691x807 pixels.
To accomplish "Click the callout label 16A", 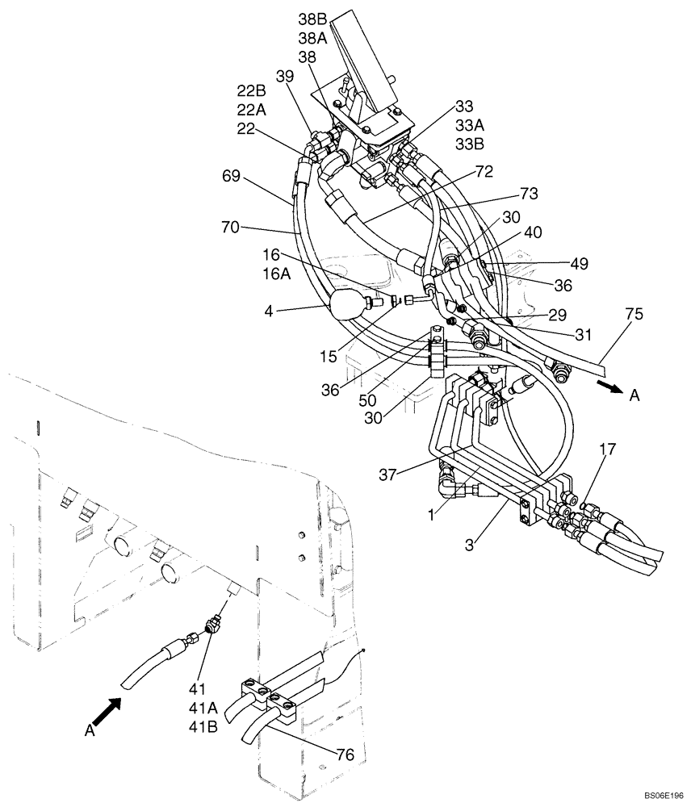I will tap(275, 274).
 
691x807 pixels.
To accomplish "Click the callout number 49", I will tap(578, 263).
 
